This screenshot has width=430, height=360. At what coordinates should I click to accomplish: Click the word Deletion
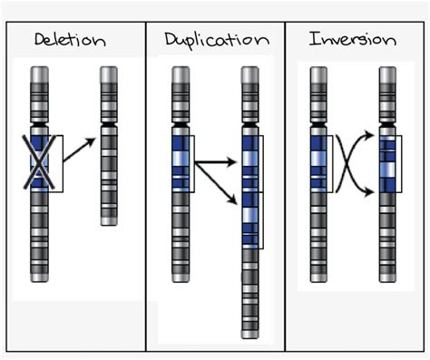tap(70, 41)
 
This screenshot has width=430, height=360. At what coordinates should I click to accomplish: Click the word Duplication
tap(216, 41)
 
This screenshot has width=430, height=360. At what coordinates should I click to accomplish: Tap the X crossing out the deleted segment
tap(39, 158)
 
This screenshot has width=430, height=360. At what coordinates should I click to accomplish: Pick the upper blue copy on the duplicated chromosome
tap(249, 162)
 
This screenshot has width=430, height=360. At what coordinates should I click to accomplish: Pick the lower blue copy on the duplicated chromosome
tap(249, 219)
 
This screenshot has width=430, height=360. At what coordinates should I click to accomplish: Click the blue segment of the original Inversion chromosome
tap(318, 158)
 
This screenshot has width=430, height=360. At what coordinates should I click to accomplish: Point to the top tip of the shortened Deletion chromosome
tap(108, 70)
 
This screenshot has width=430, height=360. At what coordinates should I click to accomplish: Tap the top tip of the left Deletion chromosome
tap(39, 70)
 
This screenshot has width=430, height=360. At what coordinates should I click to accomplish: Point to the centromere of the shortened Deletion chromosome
tap(108, 123)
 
